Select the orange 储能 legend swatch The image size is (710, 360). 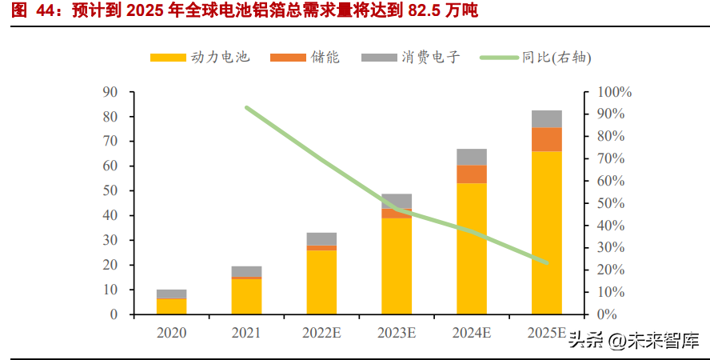[x=287, y=58]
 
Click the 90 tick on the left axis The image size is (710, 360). [x=110, y=92]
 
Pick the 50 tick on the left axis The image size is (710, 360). [x=110, y=191]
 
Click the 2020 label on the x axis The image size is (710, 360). [x=171, y=332]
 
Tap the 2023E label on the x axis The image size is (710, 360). [x=397, y=332]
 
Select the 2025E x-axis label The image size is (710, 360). [x=547, y=332]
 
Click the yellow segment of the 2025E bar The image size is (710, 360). [x=547, y=232]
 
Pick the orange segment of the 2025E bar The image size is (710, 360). [x=547, y=139]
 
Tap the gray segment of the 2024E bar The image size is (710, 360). [x=472, y=157]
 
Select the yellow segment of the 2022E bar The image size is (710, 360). [x=321, y=282]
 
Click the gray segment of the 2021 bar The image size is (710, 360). [x=246, y=271]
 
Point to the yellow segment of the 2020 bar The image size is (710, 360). [x=171, y=306]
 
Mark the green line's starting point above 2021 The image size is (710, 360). [x=247, y=107]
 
